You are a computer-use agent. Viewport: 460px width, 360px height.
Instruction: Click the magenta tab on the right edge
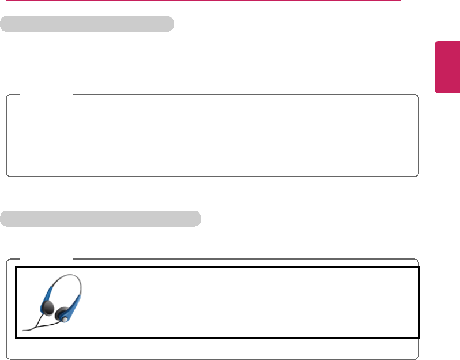tap(447, 66)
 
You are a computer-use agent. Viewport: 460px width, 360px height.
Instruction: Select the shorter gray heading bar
tap(87, 24)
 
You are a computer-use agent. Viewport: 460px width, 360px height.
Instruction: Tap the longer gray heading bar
tap(100, 219)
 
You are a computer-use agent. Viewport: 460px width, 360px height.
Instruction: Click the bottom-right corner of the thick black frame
tap(417, 337)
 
